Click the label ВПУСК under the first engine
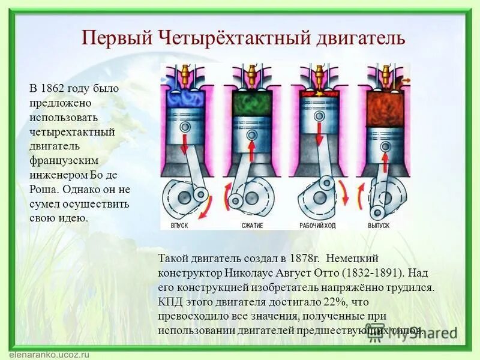pos(181,226)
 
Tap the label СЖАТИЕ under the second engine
pos(252,226)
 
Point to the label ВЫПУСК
pos(379,226)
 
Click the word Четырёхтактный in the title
pos(235,37)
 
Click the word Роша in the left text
pos(42,189)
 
